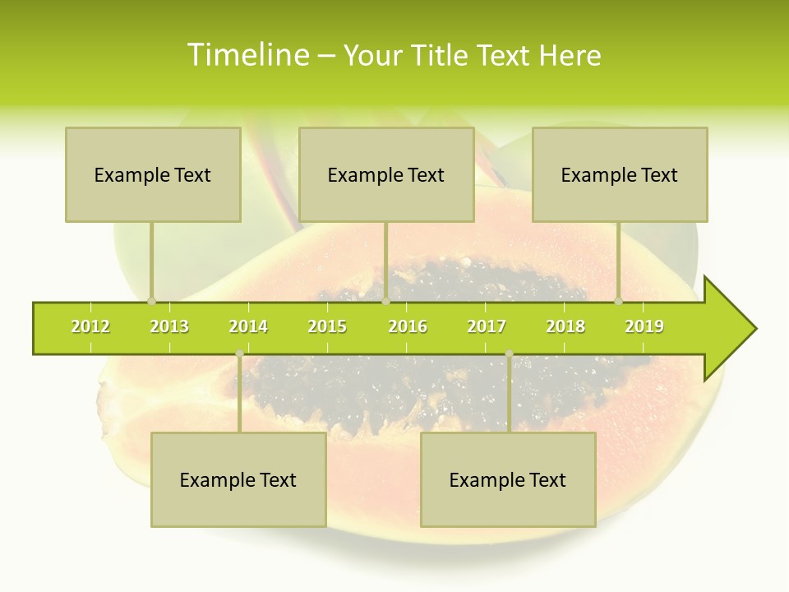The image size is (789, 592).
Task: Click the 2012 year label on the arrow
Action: (90, 327)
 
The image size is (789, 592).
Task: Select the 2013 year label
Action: (169, 327)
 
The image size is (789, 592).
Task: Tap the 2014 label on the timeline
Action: (248, 327)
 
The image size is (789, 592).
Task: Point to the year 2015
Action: (327, 327)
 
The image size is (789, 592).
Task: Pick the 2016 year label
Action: (408, 327)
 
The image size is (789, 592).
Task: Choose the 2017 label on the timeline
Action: (487, 327)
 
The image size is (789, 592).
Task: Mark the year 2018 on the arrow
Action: (565, 327)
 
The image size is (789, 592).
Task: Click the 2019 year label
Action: (644, 327)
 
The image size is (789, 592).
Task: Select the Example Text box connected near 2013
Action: (153, 174)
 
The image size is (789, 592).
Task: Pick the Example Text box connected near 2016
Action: (386, 174)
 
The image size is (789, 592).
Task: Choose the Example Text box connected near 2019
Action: (620, 174)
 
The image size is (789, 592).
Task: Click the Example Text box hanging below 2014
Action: (238, 479)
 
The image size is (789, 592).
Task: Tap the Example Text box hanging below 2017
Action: (508, 479)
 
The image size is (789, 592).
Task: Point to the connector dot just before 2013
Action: (151, 302)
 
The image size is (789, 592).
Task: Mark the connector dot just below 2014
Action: (239, 354)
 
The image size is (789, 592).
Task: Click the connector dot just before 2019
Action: (619, 302)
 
